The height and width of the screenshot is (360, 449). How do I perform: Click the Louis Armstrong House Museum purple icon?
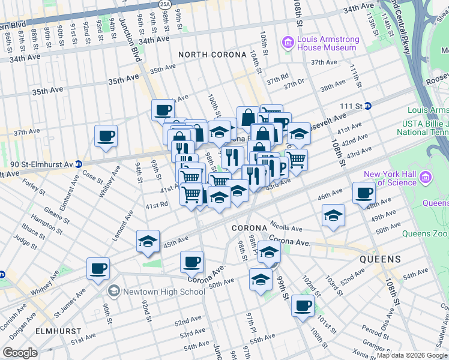coord(288,43)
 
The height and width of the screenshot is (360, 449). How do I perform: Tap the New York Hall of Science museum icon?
coord(426,177)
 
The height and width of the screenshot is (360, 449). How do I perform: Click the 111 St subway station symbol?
coord(368,106)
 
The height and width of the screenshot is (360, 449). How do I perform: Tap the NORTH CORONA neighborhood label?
coord(213,55)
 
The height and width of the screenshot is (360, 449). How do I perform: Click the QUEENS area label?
coord(380,259)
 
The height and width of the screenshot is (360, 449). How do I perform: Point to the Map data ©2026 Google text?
coord(411,355)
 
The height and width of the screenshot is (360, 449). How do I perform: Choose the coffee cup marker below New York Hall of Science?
coord(364,193)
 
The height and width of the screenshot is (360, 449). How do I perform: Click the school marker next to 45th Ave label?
coord(148,242)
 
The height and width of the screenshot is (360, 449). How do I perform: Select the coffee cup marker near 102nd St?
coord(303,306)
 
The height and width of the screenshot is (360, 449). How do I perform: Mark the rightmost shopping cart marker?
coord(295,160)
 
